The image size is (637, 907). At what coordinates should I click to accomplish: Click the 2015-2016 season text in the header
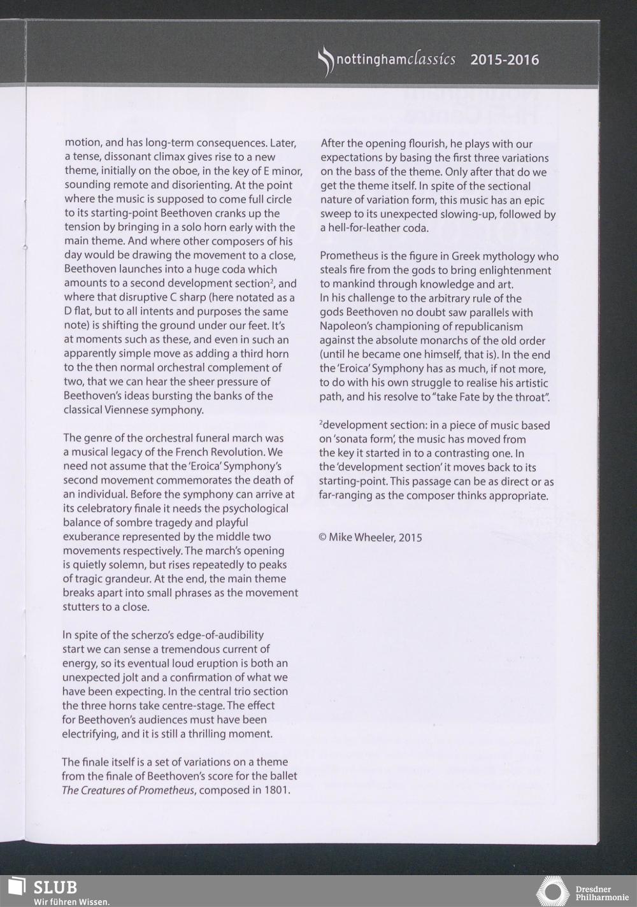click(505, 60)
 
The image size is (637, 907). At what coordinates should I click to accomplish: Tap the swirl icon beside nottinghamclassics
click(325, 62)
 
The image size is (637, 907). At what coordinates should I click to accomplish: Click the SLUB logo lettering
click(55, 887)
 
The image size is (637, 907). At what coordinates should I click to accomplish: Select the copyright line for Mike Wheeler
click(370, 537)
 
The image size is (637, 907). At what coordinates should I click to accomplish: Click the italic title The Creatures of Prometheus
click(127, 790)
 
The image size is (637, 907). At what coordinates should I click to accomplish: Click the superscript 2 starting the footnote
click(321, 424)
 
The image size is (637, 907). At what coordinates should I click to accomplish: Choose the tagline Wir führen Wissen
click(72, 901)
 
